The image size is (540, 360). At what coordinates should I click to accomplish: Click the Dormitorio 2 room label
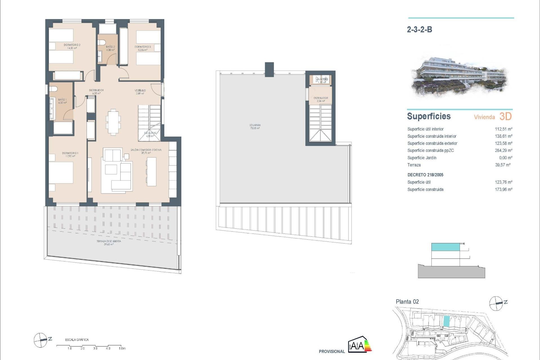(72, 46)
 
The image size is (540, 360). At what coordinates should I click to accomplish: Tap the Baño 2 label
(110, 48)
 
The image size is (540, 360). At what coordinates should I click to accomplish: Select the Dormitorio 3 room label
(143, 48)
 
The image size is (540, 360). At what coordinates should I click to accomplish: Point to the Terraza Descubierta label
(109, 243)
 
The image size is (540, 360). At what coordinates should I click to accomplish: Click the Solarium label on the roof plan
(255, 127)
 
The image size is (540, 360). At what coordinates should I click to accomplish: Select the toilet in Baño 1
(54, 89)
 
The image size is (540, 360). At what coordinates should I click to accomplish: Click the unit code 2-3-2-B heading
(419, 30)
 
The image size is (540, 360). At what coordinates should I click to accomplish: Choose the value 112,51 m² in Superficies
(503, 129)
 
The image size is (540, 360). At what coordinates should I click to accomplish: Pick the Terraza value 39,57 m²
(503, 165)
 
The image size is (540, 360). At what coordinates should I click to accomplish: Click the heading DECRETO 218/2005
(425, 175)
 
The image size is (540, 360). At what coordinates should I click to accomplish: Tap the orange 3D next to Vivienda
(505, 116)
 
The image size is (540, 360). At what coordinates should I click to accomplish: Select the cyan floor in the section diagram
(445, 247)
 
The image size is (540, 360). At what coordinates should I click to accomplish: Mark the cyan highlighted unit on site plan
(446, 321)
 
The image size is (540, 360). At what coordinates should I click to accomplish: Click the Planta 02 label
(407, 302)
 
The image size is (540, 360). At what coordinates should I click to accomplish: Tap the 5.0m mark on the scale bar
(122, 348)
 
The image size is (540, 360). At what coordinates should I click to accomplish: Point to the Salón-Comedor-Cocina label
(146, 151)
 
